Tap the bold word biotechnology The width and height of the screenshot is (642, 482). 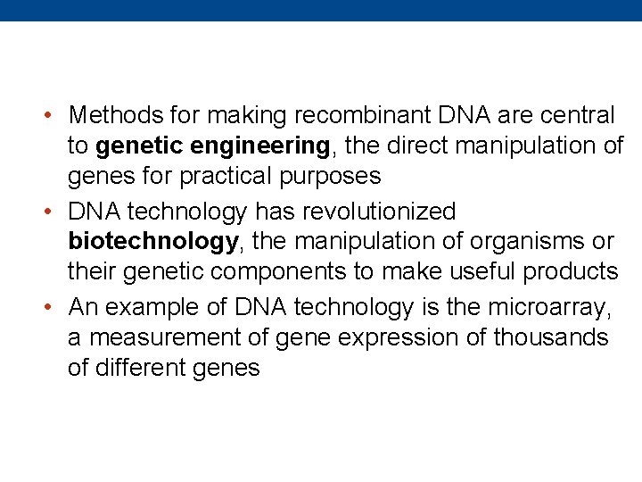point(153,242)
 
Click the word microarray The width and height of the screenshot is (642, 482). point(548,307)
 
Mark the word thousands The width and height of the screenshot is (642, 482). point(551,337)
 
